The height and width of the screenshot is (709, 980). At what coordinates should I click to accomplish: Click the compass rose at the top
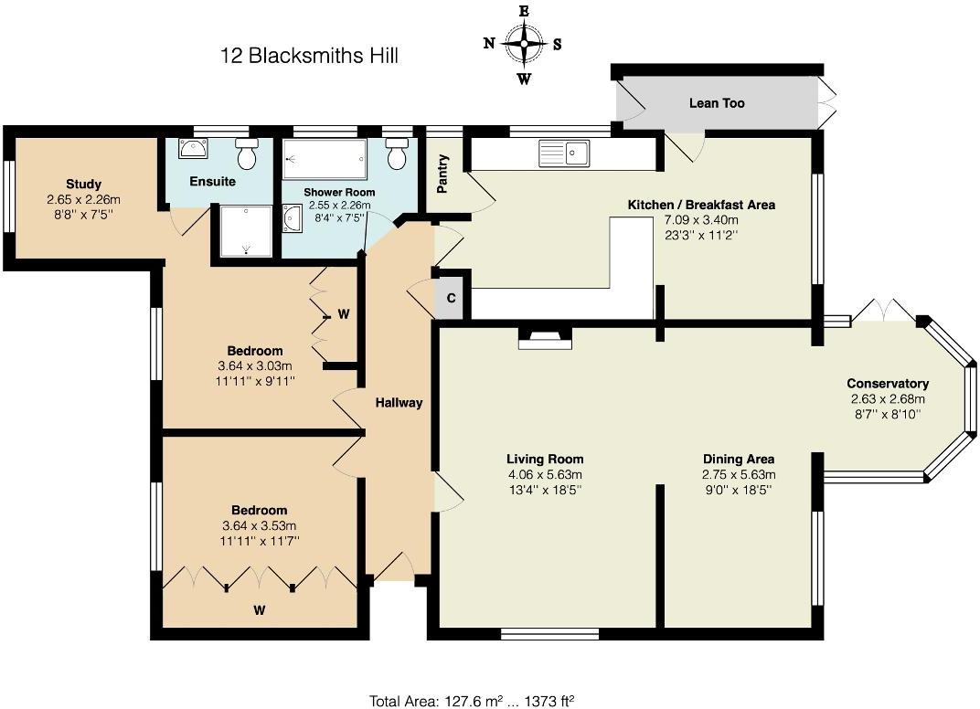(524, 43)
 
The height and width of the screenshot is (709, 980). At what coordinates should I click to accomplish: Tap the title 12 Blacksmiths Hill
(309, 57)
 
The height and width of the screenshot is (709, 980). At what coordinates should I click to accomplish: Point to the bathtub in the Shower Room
(325, 160)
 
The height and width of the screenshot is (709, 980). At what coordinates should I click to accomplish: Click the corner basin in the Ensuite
(194, 150)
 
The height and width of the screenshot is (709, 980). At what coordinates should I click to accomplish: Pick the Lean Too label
(717, 103)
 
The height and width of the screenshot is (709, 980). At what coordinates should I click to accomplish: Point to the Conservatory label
(887, 384)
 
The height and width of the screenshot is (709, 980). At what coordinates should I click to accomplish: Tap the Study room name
(83, 184)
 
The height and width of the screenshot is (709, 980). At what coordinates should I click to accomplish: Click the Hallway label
(399, 402)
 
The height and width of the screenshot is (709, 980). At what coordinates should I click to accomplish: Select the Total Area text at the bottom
(472, 701)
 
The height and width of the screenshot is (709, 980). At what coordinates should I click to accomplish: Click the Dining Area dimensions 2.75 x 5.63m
(739, 474)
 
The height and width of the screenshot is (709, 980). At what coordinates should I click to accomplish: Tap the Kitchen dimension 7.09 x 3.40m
(701, 219)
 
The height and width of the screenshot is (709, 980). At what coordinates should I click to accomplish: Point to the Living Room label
(545, 459)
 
